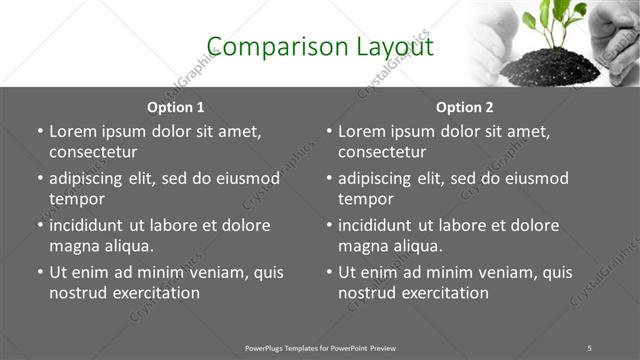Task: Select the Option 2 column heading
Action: pos(465,106)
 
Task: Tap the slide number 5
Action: pos(590,347)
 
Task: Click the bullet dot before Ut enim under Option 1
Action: pos(39,272)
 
